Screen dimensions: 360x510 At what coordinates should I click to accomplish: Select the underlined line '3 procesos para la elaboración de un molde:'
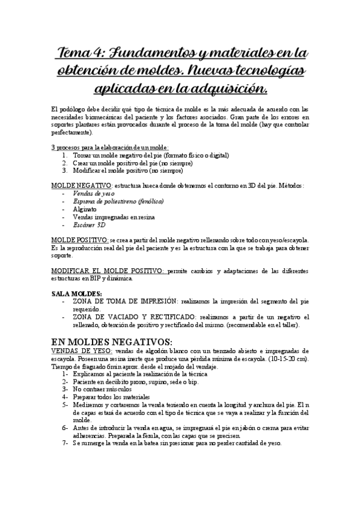click(109, 147)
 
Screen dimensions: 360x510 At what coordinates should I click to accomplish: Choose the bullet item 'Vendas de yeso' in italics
click(93, 194)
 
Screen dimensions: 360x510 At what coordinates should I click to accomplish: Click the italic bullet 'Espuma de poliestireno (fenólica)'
click(117, 201)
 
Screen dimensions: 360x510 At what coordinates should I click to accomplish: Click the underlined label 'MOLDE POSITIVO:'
click(79, 239)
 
